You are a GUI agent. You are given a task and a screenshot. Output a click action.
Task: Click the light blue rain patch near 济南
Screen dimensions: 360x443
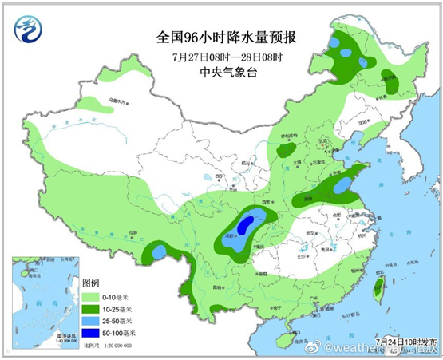(x=343, y=185)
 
